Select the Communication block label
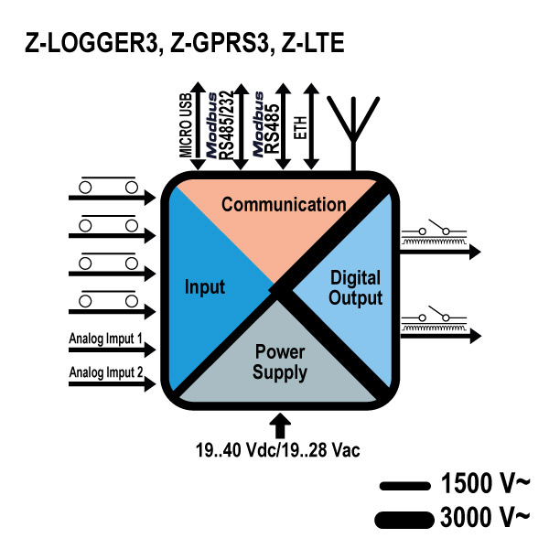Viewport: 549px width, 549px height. [x=284, y=204]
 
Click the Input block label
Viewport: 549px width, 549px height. [x=205, y=287]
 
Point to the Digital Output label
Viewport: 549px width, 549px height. [x=356, y=286]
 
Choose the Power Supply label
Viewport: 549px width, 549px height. [x=280, y=361]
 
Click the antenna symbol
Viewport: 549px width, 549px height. [x=352, y=119]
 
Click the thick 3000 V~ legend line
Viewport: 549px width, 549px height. [x=403, y=519]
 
